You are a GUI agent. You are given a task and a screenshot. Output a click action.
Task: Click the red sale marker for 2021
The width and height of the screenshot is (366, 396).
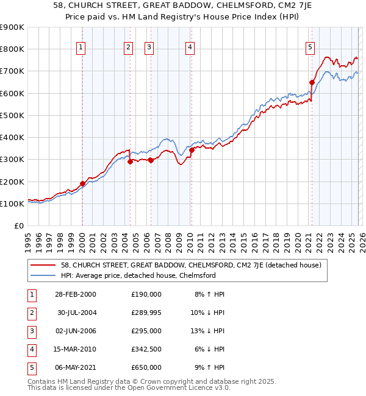pos(312,82)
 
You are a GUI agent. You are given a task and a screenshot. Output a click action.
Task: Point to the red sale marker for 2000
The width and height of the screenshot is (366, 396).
pos(82,183)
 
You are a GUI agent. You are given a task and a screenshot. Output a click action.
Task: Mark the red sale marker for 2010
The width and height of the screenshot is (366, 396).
pos(191,150)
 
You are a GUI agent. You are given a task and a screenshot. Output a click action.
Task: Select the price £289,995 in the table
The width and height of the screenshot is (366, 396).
pos(146,312)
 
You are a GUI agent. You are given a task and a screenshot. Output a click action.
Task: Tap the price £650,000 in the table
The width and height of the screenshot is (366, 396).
pos(146,367)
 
